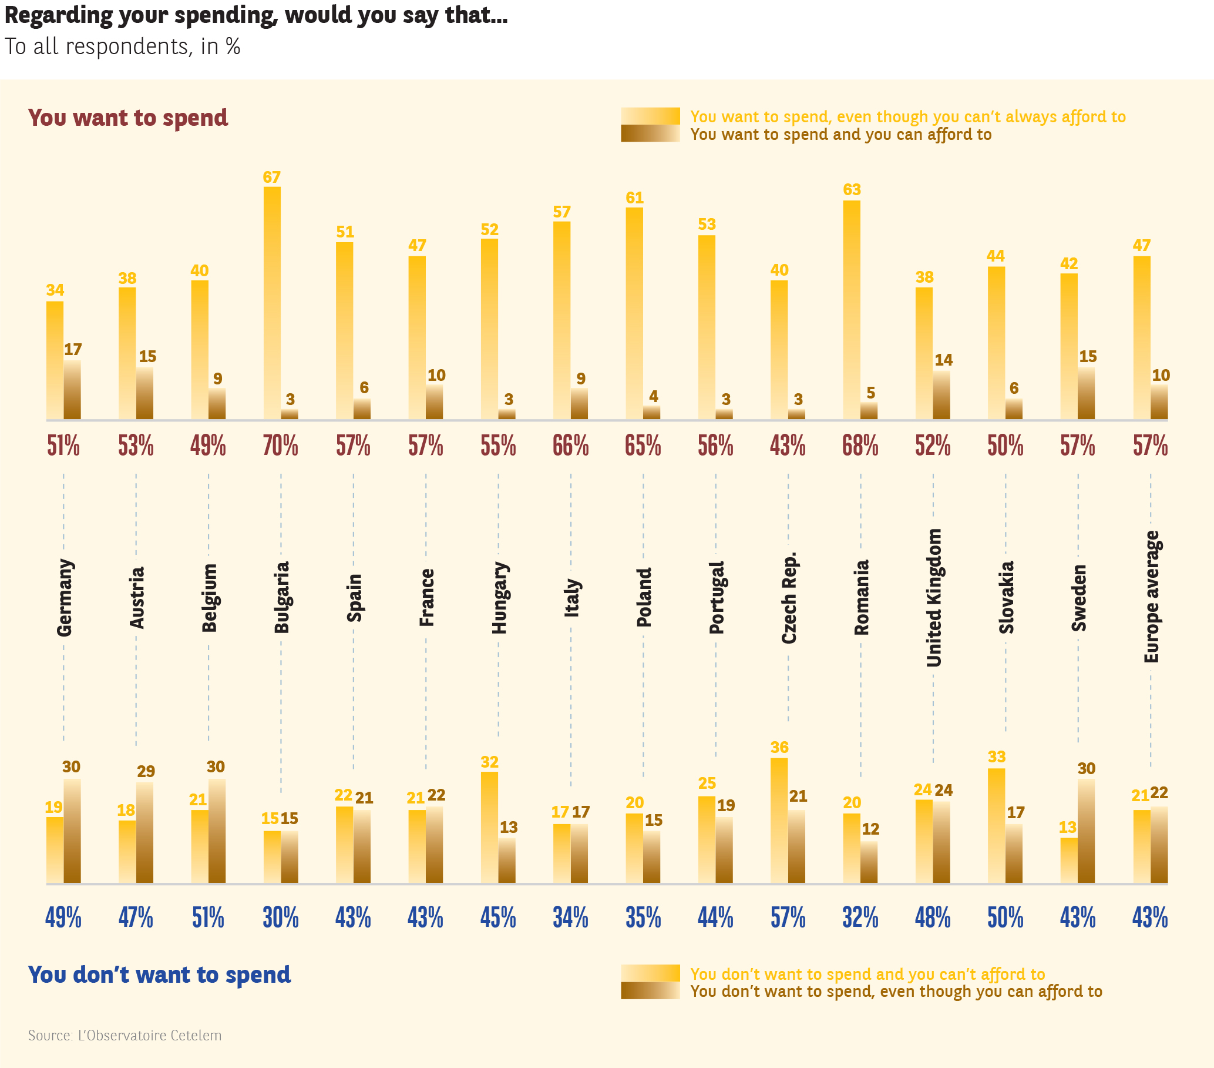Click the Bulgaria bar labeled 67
tap(272, 303)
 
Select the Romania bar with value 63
tap(851, 309)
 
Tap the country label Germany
tap(64, 597)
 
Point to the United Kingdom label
tap(934, 597)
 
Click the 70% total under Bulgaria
tap(280, 446)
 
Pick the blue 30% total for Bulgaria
tap(280, 918)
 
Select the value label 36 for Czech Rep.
tap(779, 748)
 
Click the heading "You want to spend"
tap(127, 118)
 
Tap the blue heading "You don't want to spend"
tap(159, 975)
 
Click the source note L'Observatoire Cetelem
tap(125, 1035)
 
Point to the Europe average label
tap(1151, 597)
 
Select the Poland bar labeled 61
tap(634, 313)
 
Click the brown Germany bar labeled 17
tap(72, 390)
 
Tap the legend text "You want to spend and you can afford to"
tap(840, 135)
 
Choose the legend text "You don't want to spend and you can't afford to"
tap(867, 974)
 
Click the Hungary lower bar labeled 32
tap(489, 827)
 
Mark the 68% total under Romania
tap(860, 446)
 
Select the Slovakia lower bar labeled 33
tap(996, 825)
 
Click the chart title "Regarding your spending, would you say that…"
tap(256, 15)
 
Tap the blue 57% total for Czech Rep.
tap(788, 918)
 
